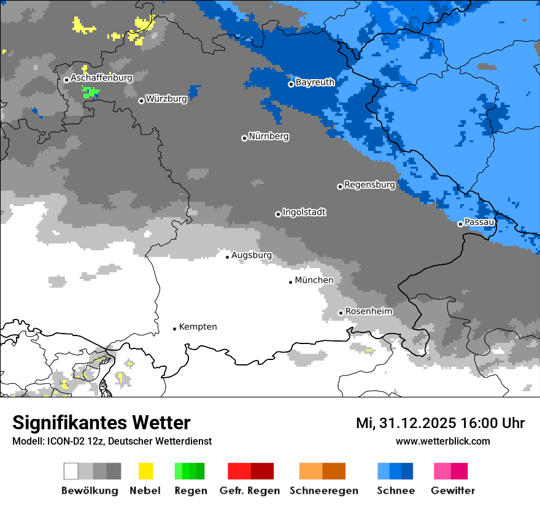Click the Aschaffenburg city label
(101, 78)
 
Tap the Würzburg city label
(166, 99)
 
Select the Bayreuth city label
(315, 82)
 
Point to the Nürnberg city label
(268, 136)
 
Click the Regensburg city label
(369, 185)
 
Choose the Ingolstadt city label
(304, 212)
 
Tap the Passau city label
(479, 222)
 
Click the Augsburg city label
(252, 255)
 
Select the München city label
(314, 280)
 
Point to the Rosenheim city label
(368, 312)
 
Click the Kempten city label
(198, 327)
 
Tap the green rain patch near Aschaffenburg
(90, 92)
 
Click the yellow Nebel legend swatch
(145, 471)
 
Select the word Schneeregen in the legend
(323, 491)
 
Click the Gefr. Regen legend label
(250, 491)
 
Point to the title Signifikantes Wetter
(101, 423)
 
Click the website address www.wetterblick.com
(442, 442)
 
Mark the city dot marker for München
(291, 282)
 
